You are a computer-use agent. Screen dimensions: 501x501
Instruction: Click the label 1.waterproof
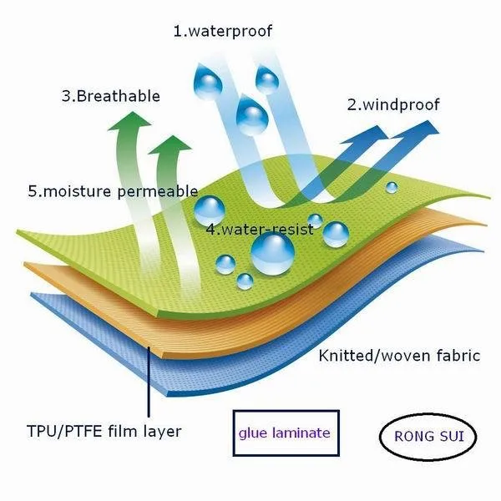click(x=223, y=32)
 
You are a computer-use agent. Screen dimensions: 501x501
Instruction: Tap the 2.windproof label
click(x=393, y=105)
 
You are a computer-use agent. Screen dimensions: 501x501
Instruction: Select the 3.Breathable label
click(x=110, y=96)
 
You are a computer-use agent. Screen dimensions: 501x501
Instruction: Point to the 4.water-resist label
click(x=260, y=228)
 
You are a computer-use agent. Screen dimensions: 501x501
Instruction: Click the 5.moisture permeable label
click(x=113, y=191)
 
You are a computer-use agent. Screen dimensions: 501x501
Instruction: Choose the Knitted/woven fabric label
click(x=399, y=356)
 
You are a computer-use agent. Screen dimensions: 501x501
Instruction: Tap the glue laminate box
click(x=285, y=433)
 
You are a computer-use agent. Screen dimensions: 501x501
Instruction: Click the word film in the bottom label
click(x=125, y=431)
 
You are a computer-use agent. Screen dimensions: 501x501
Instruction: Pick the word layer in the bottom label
click(x=162, y=431)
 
